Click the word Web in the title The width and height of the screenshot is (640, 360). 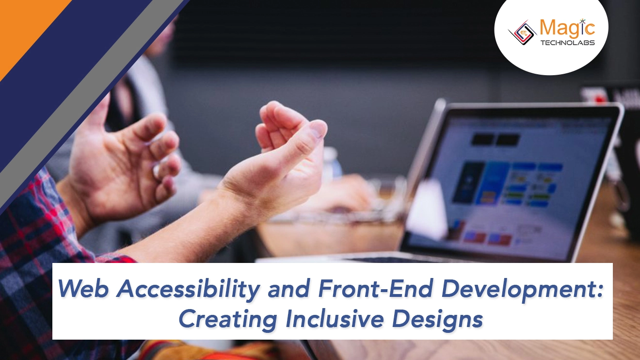pyautogui.click(x=83, y=290)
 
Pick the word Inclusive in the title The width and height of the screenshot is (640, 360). pyautogui.click(x=334, y=319)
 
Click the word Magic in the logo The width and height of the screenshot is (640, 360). pyautogui.click(x=567, y=28)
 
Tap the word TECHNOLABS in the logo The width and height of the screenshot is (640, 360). pyautogui.click(x=567, y=43)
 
